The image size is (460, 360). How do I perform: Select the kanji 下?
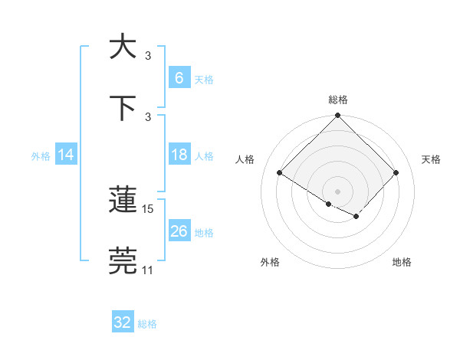click(123, 108)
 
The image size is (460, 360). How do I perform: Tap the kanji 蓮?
click(123, 200)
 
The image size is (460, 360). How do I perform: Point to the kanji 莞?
click(123, 261)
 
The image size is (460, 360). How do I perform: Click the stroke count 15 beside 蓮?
click(148, 208)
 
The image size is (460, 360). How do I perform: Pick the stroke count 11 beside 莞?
click(148, 270)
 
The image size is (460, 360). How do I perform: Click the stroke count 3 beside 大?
click(148, 55)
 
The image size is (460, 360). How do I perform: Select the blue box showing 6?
click(179, 78)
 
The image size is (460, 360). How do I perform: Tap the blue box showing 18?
click(179, 155)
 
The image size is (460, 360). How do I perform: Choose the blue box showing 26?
click(179, 231)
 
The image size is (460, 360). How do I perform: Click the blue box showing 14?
click(66, 155)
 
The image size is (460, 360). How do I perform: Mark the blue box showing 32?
click(123, 322)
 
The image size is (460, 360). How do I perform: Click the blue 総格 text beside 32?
click(147, 324)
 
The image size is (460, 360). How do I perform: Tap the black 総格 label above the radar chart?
click(338, 100)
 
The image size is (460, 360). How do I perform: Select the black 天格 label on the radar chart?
click(431, 159)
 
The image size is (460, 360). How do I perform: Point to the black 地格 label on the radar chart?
click(402, 263)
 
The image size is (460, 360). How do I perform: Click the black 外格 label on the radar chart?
click(270, 263)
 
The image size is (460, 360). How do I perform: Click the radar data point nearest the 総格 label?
click(338, 116)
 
